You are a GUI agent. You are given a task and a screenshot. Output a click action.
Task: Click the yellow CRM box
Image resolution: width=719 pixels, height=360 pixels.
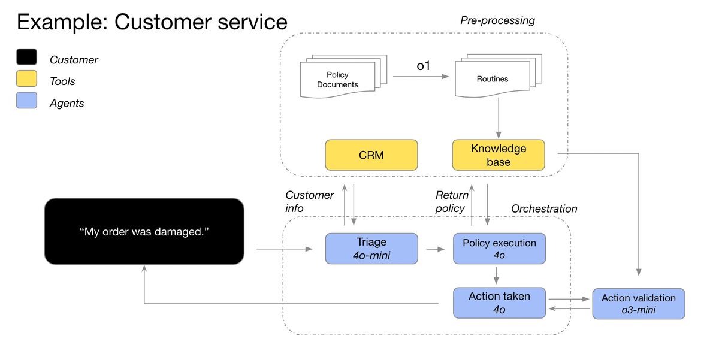pyautogui.click(x=371, y=155)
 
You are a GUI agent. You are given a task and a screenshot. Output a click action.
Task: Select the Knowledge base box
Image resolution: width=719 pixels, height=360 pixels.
pyautogui.click(x=498, y=155)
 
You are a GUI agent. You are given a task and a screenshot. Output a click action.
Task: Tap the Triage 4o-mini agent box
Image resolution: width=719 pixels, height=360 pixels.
pyautogui.click(x=371, y=249)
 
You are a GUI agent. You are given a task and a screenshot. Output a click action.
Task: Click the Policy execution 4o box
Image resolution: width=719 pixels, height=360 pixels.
pyautogui.click(x=499, y=249)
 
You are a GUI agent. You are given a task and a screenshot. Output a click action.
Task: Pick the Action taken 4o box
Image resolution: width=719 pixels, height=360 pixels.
pyautogui.click(x=499, y=302)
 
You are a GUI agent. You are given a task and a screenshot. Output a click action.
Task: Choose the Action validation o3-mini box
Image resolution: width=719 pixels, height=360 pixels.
pyautogui.click(x=638, y=304)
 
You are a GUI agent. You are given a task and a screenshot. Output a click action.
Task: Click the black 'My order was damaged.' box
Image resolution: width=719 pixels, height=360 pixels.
pyautogui.click(x=144, y=232)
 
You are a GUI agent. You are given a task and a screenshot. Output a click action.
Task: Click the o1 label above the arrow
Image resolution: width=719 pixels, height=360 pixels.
pyautogui.click(x=423, y=66)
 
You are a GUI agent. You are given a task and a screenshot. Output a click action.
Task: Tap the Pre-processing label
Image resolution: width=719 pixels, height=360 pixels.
pyautogui.click(x=497, y=20)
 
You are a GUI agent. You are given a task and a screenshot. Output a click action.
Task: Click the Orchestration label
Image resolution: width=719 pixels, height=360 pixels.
pyautogui.click(x=544, y=208)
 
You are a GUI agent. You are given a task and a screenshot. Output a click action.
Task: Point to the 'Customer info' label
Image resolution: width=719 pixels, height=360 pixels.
pyautogui.click(x=309, y=202)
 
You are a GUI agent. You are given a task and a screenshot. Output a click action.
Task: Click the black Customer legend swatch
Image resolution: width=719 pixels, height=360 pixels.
pyautogui.click(x=26, y=58)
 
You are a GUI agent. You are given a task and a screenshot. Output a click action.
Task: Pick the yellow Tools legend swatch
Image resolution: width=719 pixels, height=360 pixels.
pyautogui.click(x=26, y=79)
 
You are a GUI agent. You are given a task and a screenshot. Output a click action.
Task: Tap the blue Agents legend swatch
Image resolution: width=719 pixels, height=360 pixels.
pyautogui.click(x=26, y=101)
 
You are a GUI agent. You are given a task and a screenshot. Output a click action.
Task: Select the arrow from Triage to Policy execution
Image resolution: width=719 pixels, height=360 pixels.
pyautogui.click(x=435, y=248)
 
